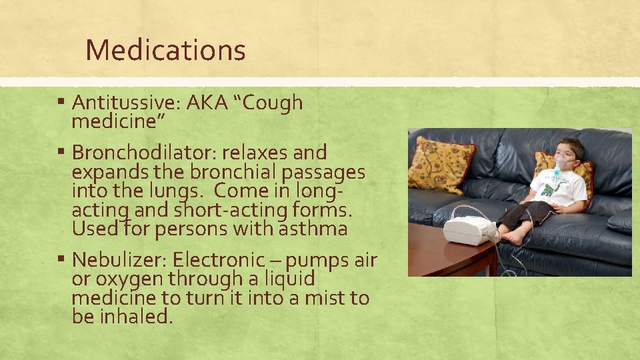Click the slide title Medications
(165, 50)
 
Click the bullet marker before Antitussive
(61, 102)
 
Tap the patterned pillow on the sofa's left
(441, 163)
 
